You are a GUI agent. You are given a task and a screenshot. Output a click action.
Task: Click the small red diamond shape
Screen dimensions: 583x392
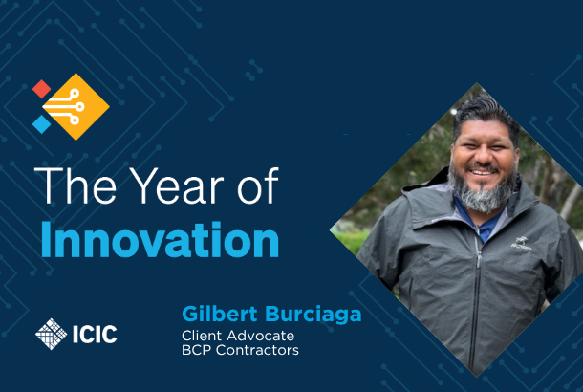click(x=41, y=89)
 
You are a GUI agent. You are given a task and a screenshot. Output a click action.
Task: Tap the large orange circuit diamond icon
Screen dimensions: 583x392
click(x=76, y=107)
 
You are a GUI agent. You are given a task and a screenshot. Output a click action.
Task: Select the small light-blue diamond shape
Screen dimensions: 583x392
click(x=41, y=124)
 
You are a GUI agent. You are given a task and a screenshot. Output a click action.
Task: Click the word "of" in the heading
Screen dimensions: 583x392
click(x=258, y=185)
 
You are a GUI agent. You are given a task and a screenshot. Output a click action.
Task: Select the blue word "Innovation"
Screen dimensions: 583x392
click(x=160, y=240)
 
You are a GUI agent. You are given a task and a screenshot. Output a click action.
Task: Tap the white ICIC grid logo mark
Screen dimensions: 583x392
click(x=52, y=334)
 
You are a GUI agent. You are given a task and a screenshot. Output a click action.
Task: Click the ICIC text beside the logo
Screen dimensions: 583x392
click(x=95, y=335)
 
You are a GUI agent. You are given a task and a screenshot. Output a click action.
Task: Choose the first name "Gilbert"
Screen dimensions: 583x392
click(x=220, y=314)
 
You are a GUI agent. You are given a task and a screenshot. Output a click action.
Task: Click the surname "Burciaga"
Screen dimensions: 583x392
click(x=313, y=315)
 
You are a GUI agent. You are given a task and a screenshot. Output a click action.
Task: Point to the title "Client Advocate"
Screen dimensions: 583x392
click(x=238, y=336)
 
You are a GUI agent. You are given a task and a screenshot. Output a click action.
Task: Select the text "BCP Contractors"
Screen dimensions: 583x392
click(x=240, y=350)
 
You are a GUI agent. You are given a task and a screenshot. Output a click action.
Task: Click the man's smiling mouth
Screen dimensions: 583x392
click(x=483, y=172)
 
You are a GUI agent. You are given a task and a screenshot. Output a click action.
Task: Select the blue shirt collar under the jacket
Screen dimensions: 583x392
click(x=479, y=222)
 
